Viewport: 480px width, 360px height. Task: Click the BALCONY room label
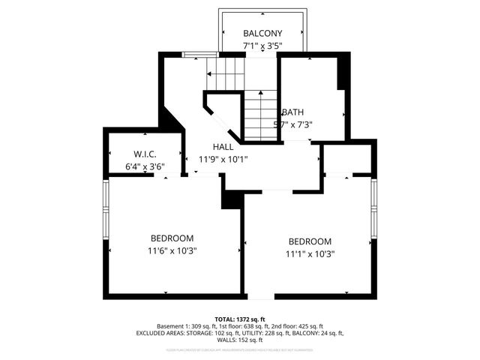[x=262, y=34]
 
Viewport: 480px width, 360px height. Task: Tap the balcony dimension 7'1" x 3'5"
[x=262, y=46]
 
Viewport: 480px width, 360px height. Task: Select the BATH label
[x=292, y=112]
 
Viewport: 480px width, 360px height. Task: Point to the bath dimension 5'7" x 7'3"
[x=292, y=125]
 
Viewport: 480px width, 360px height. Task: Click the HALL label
[x=223, y=147]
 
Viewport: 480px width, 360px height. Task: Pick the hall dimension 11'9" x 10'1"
[x=223, y=159]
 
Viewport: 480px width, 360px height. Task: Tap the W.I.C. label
[x=144, y=154]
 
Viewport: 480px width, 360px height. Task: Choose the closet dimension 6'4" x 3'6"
[x=144, y=166]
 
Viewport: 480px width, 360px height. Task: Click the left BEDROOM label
[x=172, y=238]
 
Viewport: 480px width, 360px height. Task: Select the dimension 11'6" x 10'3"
[x=172, y=250]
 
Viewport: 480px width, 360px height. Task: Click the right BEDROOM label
[x=310, y=241]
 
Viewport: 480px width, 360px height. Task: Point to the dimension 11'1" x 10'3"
[x=310, y=253]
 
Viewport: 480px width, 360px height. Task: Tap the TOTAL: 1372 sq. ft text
[x=240, y=319]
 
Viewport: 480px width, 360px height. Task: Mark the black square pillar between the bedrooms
[x=231, y=198]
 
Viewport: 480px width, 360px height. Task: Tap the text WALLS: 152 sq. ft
[x=240, y=340]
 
